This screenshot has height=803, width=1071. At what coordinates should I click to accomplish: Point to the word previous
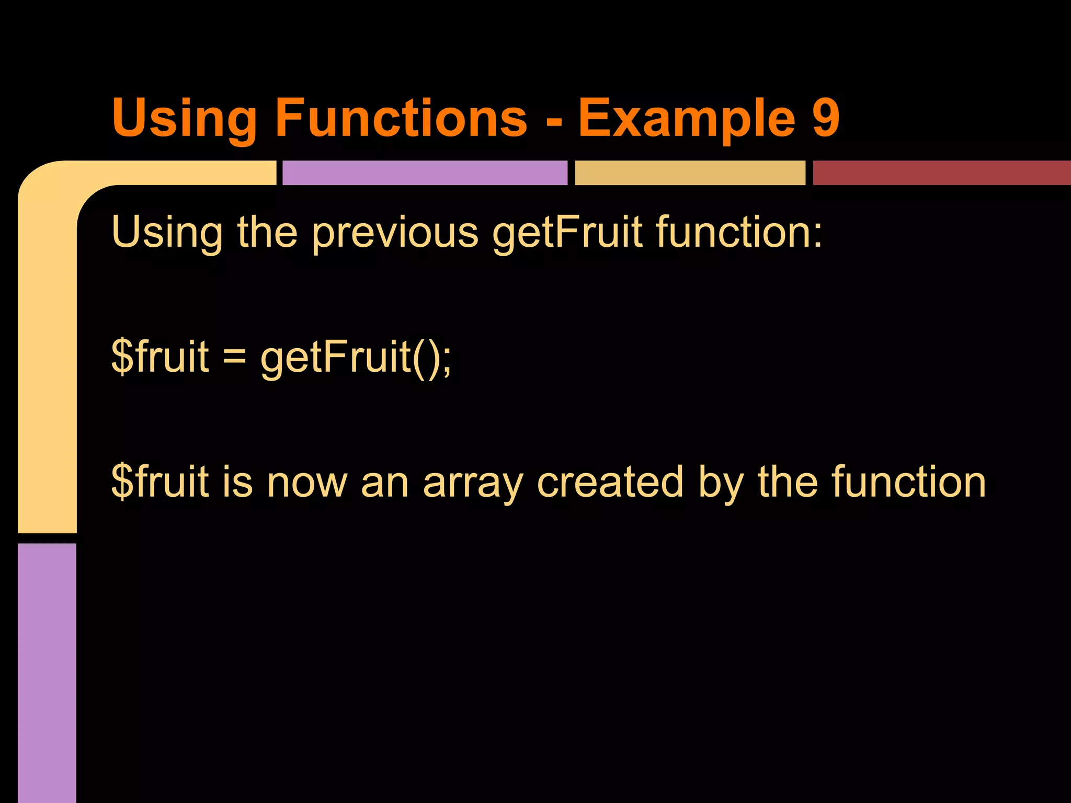coord(395,233)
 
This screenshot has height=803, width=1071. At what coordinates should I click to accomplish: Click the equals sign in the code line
coord(234,358)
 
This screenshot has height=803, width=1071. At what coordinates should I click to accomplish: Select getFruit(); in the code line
coord(356,358)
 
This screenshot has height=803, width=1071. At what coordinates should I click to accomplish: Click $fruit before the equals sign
coord(160,357)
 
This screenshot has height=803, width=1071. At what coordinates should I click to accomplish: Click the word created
coord(610,481)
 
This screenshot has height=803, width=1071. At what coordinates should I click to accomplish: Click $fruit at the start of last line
coord(160,481)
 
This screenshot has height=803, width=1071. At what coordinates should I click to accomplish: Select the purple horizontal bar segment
coord(425,173)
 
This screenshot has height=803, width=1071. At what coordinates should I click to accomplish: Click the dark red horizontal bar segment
coord(941,173)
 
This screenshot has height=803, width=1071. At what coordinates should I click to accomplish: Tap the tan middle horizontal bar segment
coord(690,173)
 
